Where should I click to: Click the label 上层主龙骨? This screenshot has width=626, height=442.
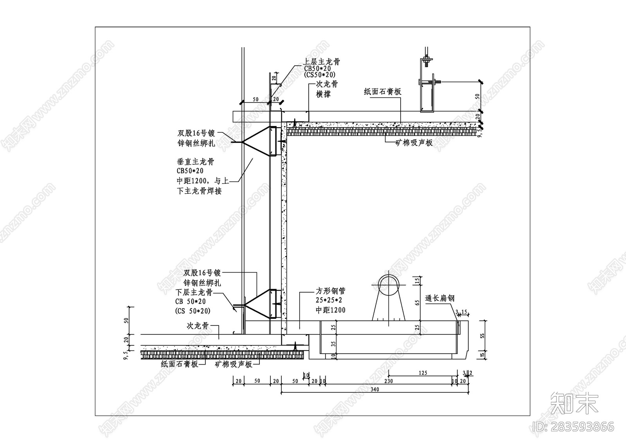click(x=322, y=62)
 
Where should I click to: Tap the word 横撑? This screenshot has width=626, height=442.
click(x=323, y=94)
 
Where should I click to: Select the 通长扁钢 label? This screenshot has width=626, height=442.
click(x=439, y=298)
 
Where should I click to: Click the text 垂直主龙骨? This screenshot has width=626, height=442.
click(x=195, y=162)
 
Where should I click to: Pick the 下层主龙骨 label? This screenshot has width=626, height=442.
click(x=194, y=293)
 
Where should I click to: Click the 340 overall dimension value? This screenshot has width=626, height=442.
click(x=375, y=389)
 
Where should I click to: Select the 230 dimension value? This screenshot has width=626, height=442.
click(x=388, y=381)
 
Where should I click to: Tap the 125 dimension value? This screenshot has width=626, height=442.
click(x=423, y=373)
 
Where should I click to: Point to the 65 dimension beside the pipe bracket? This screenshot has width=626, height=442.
click(x=417, y=302)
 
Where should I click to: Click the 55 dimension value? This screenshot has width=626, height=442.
click(x=482, y=335)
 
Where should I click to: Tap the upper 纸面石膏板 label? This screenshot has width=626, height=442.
click(x=382, y=92)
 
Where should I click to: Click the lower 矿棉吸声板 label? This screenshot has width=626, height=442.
click(x=233, y=364)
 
